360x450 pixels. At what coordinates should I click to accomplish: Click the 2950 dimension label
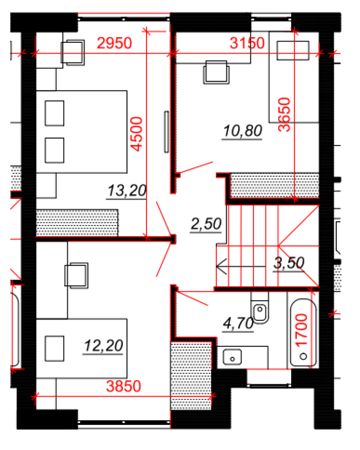coord(114,43)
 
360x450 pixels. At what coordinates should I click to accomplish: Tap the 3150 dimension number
coord(247,43)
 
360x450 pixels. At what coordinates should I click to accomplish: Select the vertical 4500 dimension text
coord(136,134)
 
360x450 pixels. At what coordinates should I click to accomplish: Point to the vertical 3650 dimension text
coord(284,114)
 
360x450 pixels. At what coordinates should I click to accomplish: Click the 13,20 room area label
coord(126,191)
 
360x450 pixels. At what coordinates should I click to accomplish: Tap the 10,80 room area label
coord(243,131)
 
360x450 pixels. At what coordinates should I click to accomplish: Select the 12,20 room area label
coord(103,346)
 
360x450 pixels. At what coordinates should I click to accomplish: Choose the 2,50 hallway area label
coord(206,224)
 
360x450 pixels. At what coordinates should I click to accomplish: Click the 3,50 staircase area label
coord(289,263)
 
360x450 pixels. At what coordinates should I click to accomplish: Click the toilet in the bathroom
coord(259,311)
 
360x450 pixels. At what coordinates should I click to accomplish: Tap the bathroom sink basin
coord(232,357)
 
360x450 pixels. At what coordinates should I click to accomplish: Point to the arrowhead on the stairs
coord(221,267)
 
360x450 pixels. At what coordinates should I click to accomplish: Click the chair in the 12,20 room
coord(76,275)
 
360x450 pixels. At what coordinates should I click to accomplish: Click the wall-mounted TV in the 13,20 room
coord(166,132)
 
